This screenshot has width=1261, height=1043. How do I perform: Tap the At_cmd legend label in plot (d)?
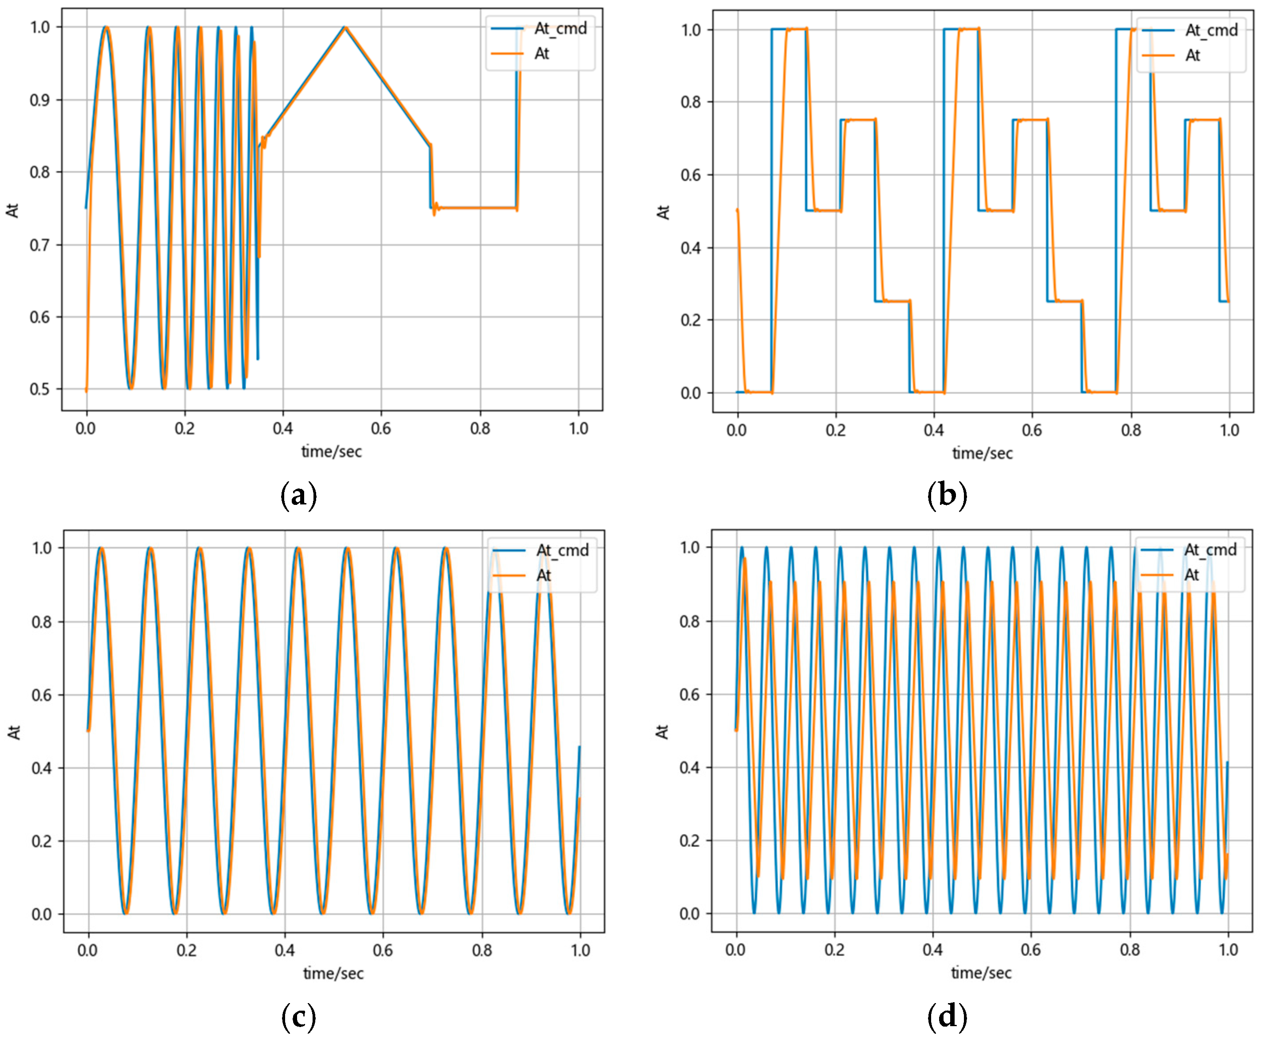(1210, 549)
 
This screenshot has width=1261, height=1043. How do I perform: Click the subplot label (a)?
(298, 496)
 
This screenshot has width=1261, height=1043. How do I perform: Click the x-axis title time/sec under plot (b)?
(983, 453)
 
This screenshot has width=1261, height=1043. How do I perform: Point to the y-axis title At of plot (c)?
(14, 732)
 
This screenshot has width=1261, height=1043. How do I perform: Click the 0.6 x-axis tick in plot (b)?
(1032, 430)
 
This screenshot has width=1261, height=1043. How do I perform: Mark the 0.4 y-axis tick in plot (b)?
(690, 247)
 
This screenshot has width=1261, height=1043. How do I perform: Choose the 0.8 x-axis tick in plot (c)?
(482, 950)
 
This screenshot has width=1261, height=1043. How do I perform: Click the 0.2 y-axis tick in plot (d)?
(689, 840)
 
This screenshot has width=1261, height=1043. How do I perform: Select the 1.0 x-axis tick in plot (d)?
(1228, 950)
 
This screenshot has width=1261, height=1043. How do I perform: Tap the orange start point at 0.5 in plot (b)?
(737, 210)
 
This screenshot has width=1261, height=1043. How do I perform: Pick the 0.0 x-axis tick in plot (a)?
(86, 429)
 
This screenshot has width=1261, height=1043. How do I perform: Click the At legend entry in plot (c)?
(543, 575)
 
